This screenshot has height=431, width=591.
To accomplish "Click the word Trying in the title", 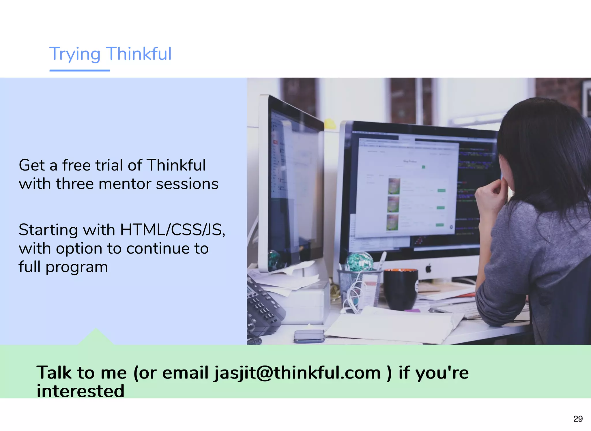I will coord(75,54).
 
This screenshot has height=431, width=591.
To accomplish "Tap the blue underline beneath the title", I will coord(80,70).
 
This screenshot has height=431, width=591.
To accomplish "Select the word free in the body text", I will coord(76,165).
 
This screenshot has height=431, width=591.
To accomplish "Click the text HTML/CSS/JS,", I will coord(172,230).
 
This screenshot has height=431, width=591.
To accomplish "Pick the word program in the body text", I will coord(77,267).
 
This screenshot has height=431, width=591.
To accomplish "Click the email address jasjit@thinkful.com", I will coord(298,372).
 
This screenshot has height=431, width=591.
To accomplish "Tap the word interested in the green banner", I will coord(81,391).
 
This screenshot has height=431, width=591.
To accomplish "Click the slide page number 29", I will coord(578,419).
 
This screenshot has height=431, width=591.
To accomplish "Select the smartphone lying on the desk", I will coord(309,336).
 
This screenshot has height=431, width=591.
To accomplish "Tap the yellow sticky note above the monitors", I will coord(330,124).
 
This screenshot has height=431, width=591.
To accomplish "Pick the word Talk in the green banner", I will coord(54,372).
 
